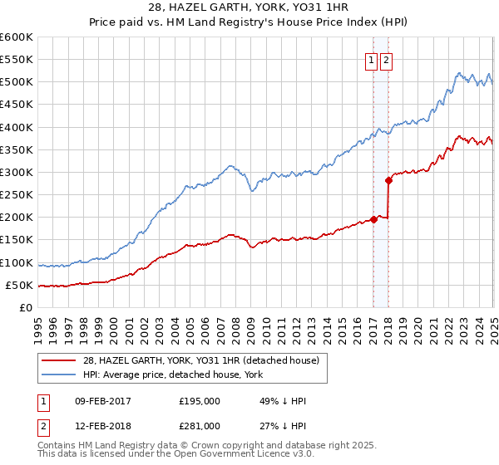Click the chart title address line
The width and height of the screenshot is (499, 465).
pyautogui.click(x=249, y=7)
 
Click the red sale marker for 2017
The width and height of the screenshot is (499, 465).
pyautogui.click(x=373, y=220)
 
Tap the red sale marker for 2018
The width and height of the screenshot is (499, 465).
pyautogui.click(x=388, y=180)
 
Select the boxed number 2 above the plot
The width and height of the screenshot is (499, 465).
pyautogui.click(x=387, y=60)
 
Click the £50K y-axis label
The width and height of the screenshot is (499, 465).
pyautogui.click(x=20, y=285)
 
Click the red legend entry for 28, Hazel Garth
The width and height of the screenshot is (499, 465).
pyautogui.click(x=205, y=360)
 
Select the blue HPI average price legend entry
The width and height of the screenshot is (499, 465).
pyautogui.click(x=172, y=374)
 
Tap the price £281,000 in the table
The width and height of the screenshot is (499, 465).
pyautogui.click(x=200, y=425)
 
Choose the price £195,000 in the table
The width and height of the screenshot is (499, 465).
pyautogui.click(x=200, y=401)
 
